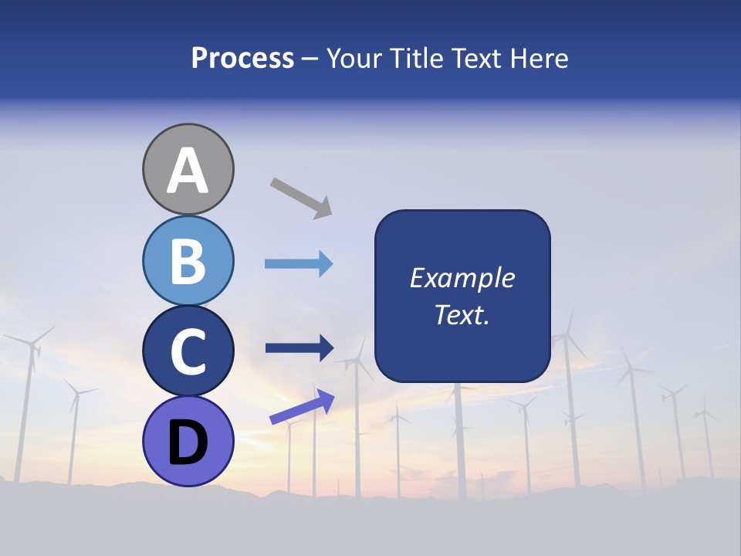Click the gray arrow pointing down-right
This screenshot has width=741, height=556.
(301, 198)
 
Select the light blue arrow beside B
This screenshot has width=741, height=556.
(299, 264)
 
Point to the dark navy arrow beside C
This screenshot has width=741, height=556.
(299, 348)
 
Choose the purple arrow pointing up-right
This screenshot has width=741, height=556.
(302, 408)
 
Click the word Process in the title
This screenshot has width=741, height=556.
(242, 59)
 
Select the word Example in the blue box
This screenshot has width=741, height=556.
(462, 278)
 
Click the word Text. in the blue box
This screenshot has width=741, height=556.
(462, 314)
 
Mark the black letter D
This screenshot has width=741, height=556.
(188, 443)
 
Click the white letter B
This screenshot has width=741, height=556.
(188, 261)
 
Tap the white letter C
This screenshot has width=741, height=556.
(188, 351)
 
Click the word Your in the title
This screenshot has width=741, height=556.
(355, 59)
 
